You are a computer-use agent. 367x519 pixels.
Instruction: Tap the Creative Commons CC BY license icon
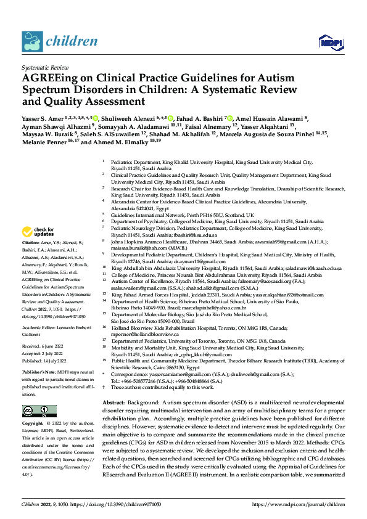(x=36, y=410)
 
